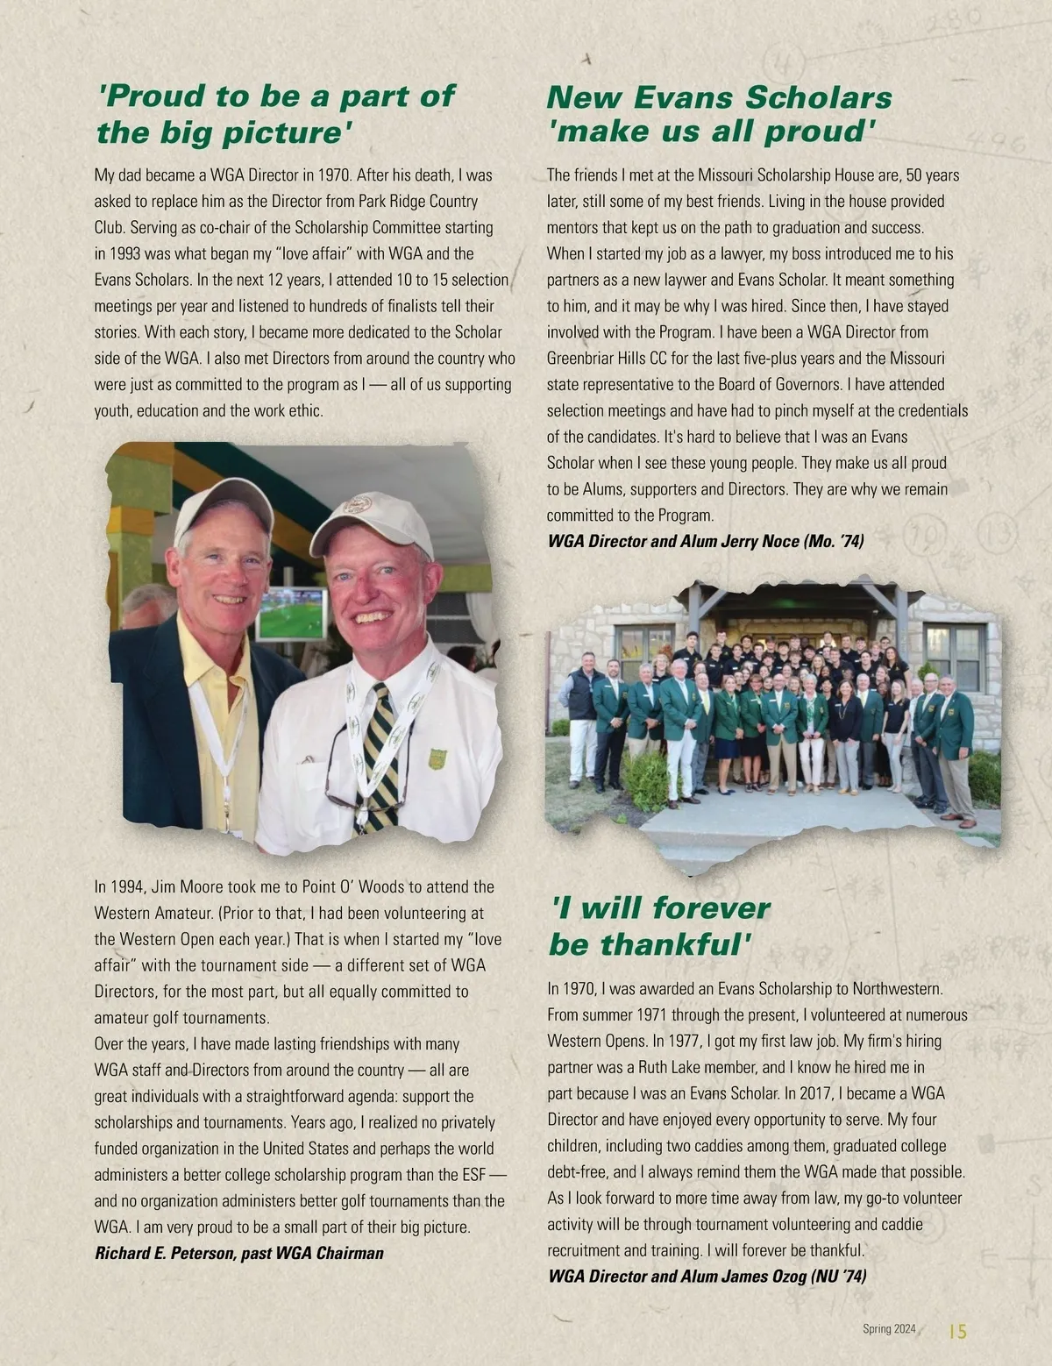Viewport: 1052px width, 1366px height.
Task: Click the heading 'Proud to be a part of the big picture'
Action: pyautogui.click(x=275, y=114)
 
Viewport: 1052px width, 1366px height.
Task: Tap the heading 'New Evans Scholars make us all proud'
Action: pyautogui.click(x=719, y=114)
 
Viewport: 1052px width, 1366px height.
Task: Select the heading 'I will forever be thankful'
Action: pyautogui.click(x=659, y=926)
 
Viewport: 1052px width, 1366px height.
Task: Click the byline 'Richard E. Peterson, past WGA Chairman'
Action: pyautogui.click(x=238, y=1253)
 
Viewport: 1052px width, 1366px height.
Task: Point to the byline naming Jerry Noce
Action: pyautogui.click(x=705, y=541)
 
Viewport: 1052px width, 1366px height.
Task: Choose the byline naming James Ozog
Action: pyautogui.click(x=707, y=1276)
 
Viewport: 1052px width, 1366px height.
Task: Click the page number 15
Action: pyautogui.click(x=957, y=1331)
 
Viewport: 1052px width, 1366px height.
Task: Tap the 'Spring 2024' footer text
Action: pyautogui.click(x=889, y=1329)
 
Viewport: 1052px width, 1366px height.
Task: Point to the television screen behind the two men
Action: pyautogui.click(x=291, y=612)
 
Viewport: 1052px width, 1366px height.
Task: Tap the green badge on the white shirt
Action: pyautogui.click(x=437, y=758)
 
